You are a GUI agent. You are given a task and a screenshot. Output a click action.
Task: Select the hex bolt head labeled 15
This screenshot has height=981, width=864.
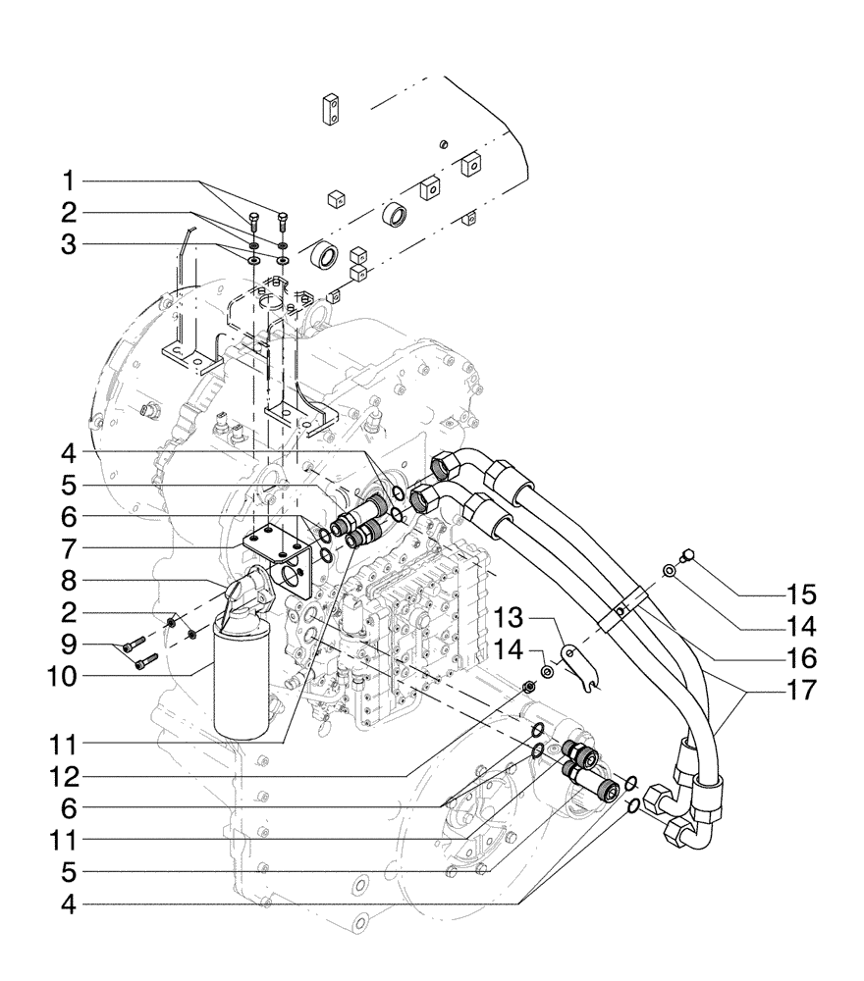(x=690, y=555)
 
